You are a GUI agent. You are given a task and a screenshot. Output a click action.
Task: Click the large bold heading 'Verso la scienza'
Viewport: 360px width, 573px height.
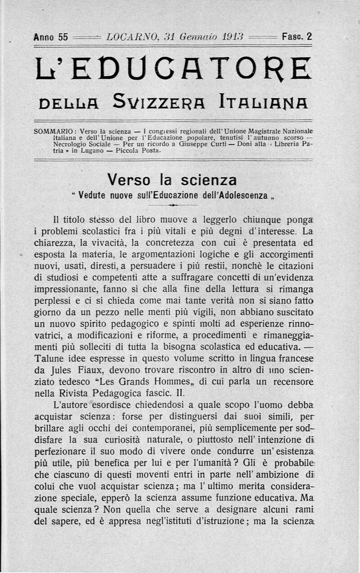[x=172, y=180]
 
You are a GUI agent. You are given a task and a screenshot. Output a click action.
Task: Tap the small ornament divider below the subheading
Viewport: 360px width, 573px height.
[x=173, y=205]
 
